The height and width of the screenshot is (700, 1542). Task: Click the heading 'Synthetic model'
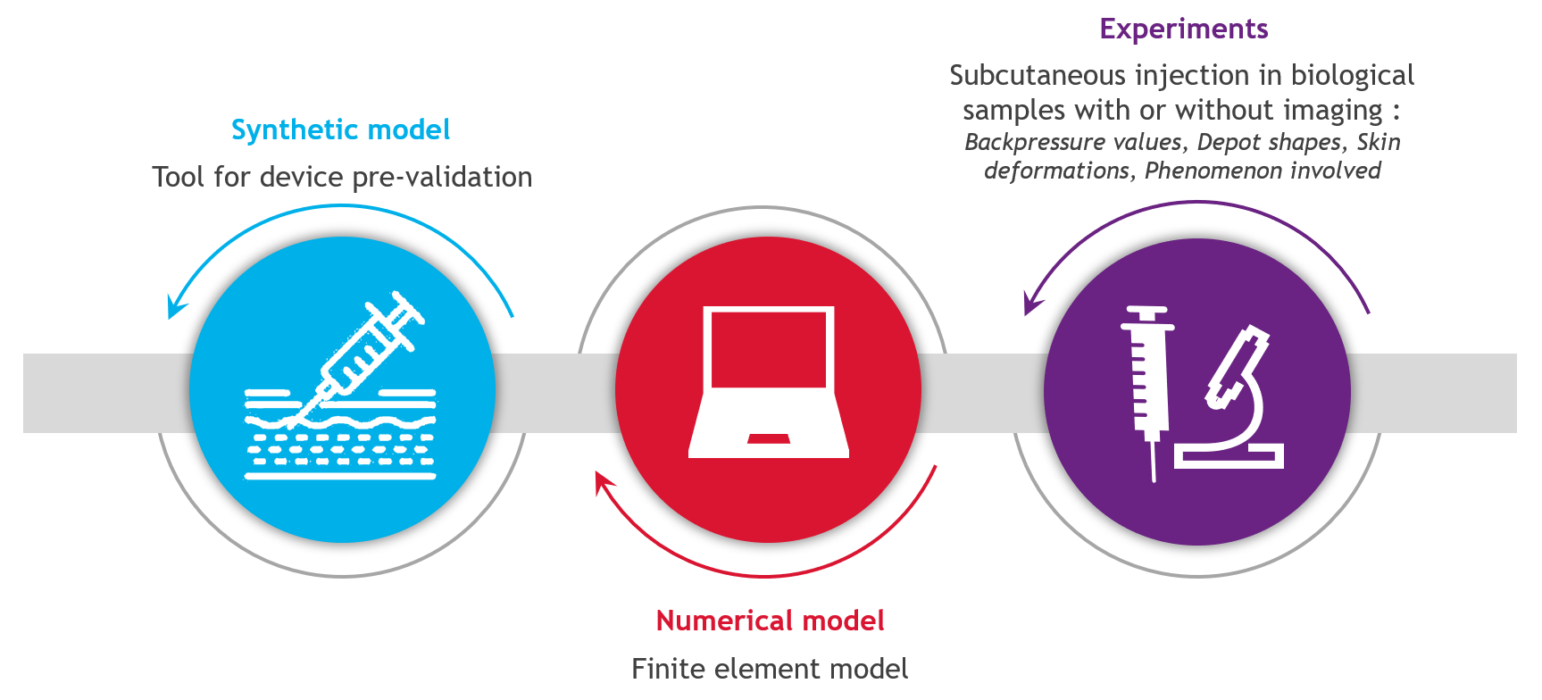[340, 130]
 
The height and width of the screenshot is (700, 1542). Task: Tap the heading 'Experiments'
[1183, 29]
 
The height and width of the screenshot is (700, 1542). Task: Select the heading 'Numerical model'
[770, 621]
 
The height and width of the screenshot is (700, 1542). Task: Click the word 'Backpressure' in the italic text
[1028, 143]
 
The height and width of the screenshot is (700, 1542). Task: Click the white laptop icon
[769, 384]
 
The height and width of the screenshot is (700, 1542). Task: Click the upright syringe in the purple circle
[1146, 384]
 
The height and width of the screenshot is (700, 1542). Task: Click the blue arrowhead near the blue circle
[175, 306]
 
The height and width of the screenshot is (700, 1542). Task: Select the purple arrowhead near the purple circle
[1031, 304]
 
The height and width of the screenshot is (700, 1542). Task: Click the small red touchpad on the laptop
[769, 438]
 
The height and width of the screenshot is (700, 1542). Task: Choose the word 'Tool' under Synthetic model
[178, 178]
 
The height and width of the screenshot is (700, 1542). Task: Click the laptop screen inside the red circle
[769, 348]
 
